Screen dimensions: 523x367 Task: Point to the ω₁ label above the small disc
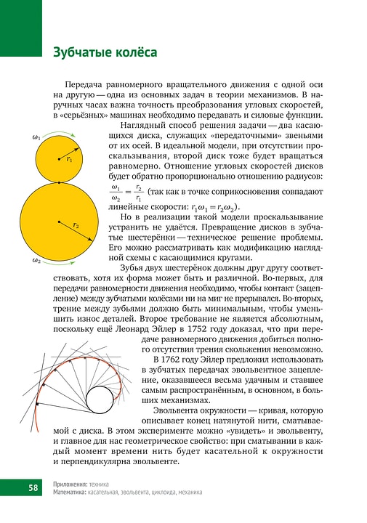point(36,137)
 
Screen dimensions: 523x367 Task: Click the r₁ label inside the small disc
point(69,158)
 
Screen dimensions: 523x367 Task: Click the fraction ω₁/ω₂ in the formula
point(115,192)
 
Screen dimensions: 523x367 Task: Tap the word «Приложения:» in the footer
point(71,484)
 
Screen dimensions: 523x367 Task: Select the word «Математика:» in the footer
point(71,492)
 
